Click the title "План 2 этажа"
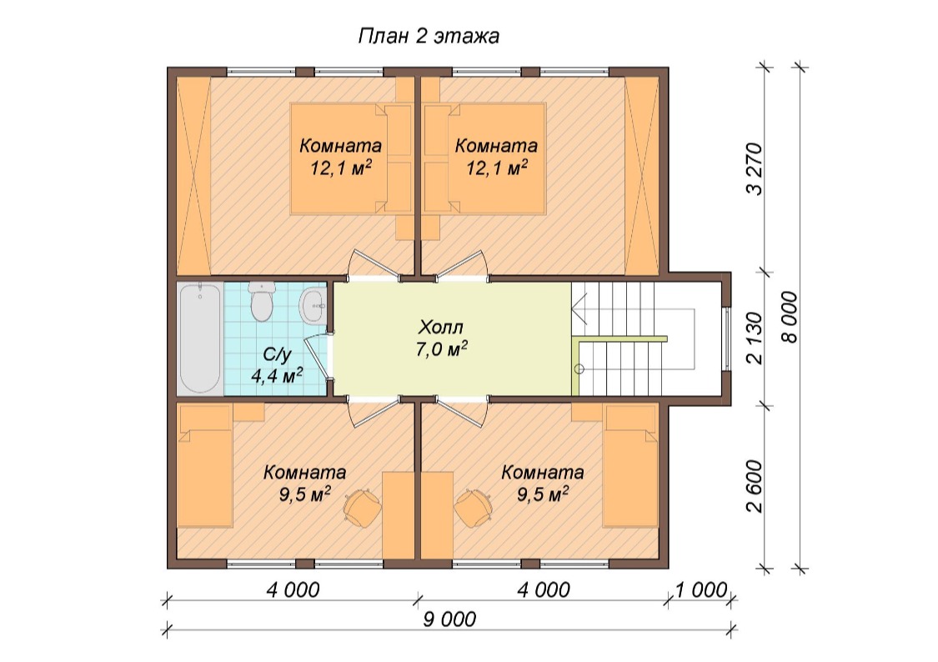[x=429, y=36]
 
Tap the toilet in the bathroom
[x=261, y=301]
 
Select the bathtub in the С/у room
[x=199, y=339]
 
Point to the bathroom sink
[x=312, y=306]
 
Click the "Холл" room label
[x=441, y=327]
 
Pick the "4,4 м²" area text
[x=276, y=375]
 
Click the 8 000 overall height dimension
[x=790, y=317]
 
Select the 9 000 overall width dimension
[x=449, y=619]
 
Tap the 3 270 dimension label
[x=755, y=168]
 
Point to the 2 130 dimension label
[x=755, y=338]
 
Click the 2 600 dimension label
[x=755, y=486]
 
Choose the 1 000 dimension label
[x=700, y=590]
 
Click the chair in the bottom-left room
[x=362, y=508]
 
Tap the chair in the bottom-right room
[x=474, y=508]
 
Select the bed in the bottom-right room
[x=630, y=466]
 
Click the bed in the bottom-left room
[x=206, y=466]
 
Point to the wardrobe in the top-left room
[x=193, y=174]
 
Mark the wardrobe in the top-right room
[x=642, y=174]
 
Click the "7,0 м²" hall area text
[x=441, y=349]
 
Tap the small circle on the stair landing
[x=579, y=369]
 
